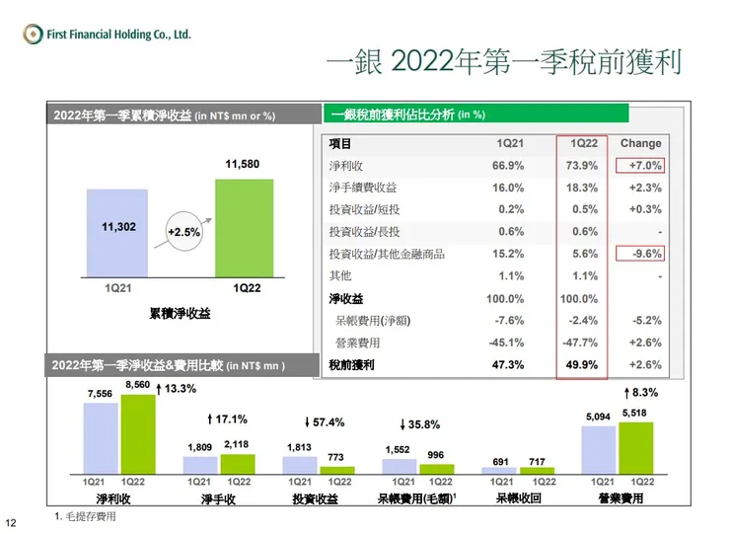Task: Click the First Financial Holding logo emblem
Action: pyautogui.click(x=32, y=35)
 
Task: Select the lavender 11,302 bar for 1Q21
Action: pyautogui.click(x=117, y=233)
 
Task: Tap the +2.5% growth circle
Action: pyautogui.click(x=182, y=232)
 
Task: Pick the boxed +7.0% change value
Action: pyautogui.click(x=640, y=165)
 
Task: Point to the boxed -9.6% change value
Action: pyautogui.click(x=640, y=254)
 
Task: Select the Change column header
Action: pyautogui.click(x=640, y=143)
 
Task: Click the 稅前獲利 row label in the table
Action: pyautogui.click(x=353, y=365)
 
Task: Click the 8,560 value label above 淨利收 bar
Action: pyautogui.click(x=138, y=383)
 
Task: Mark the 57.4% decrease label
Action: pyautogui.click(x=325, y=422)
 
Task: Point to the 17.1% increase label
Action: pyautogui.click(x=227, y=420)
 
